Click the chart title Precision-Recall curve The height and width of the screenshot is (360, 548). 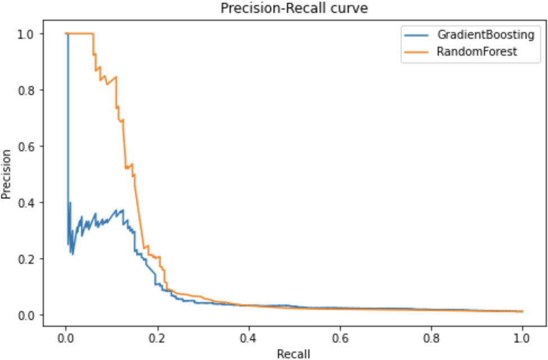coord(294,8)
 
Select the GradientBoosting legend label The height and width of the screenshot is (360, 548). coord(486,35)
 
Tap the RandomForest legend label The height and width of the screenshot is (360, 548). coord(477,52)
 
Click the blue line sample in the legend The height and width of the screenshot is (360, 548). coord(416,35)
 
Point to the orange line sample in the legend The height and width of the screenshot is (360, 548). coord(416,52)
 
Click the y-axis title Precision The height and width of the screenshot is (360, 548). coord(6,174)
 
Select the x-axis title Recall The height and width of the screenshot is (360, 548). coord(294,354)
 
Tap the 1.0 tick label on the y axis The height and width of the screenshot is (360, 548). coord(25,34)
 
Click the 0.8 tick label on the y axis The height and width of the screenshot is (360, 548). coord(25,90)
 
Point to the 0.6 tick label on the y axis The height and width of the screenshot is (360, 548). coord(25,146)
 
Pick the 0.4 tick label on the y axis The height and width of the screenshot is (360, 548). coord(25,202)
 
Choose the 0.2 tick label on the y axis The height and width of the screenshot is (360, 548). coord(25,259)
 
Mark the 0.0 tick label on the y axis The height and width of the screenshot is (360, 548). coord(25,315)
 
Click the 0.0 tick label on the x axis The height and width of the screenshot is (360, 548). coord(66,338)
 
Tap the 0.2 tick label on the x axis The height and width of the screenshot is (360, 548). coord(158,338)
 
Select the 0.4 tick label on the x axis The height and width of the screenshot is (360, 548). coord(249,338)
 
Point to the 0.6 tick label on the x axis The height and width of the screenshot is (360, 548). coord(340,338)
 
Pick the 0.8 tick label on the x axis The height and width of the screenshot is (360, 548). coord(432,338)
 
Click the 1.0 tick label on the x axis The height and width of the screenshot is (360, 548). coord(523,338)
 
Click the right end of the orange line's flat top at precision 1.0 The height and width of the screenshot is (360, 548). coord(93,34)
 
